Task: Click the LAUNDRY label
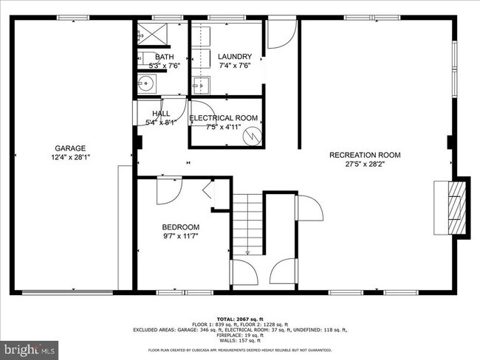coord(235,56)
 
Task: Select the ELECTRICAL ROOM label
coord(223,118)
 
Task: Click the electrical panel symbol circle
coord(253,135)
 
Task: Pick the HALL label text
coord(161,114)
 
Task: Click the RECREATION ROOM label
coord(365,155)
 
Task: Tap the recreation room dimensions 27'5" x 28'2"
coord(365,165)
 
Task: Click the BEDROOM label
coord(181,226)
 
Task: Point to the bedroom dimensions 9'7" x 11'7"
coord(181,236)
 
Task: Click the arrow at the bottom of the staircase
coord(248,251)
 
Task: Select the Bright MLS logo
coord(30,347)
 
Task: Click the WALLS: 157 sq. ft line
coord(239,341)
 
